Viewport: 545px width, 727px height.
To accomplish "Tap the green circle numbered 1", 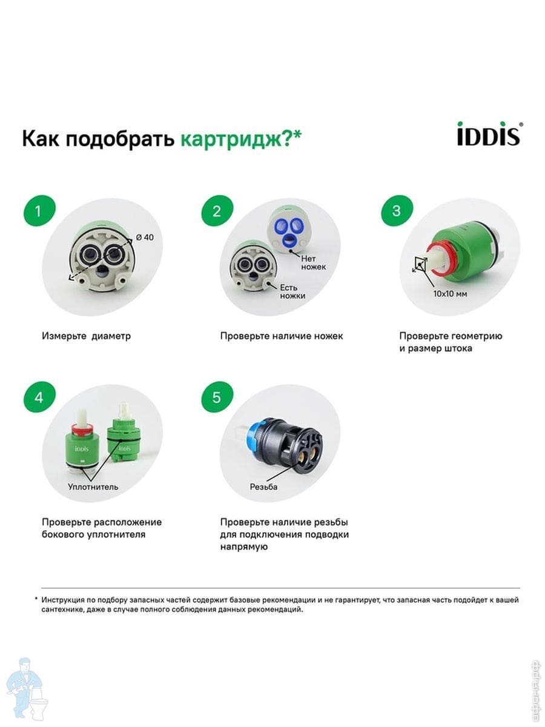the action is tap(39, 211).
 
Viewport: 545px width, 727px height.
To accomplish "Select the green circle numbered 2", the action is tap(217, 211).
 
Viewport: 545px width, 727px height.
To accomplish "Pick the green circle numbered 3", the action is tap(397, 211).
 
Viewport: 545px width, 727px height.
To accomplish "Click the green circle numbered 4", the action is tap(39, 397).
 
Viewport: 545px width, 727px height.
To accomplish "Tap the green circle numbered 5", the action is tap(217, 397).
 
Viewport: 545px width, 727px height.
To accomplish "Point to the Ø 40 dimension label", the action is tap(145, 237).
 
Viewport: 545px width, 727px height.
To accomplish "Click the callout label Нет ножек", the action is tap(313, 262).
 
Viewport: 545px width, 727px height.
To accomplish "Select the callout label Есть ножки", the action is tap(292, 291).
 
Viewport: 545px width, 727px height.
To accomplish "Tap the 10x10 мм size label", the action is tap(450, 294).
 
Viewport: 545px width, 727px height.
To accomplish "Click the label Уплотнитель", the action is tap(93, 486).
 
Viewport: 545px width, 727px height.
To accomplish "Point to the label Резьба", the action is tap(264, 487).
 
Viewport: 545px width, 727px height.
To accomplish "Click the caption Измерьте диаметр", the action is tap(87, 336).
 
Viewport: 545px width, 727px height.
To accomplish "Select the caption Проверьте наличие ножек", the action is tap(282, 336).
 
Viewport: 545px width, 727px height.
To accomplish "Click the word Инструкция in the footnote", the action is tap(62, 600).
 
